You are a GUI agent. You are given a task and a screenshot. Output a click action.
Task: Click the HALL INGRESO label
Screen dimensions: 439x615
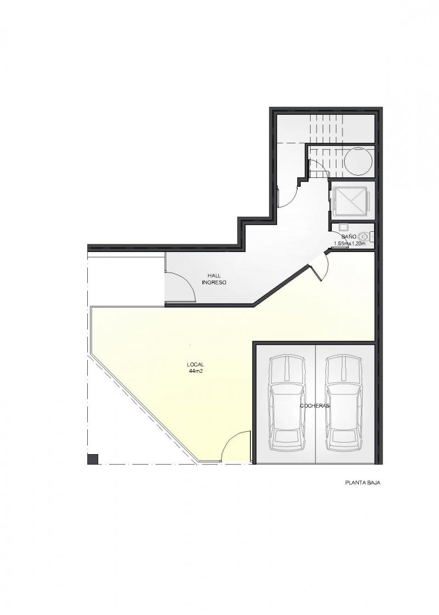tap(214, 279)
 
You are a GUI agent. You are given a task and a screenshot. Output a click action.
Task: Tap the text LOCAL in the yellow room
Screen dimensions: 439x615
tap(195, 365)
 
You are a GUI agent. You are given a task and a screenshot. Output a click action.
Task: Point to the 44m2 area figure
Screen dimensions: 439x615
tap(195, 371)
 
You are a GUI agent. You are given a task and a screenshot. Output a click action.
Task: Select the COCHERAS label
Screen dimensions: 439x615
tap(315, 406)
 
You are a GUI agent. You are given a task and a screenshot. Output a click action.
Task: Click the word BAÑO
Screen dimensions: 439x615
tap(348, 237)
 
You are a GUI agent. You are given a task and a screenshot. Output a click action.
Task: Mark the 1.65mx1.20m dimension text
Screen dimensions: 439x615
tap(349, 243)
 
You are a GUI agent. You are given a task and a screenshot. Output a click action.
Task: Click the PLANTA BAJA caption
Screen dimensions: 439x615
tap(363, 483)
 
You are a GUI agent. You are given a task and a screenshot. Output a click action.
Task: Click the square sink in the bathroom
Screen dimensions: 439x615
tap(344, 227)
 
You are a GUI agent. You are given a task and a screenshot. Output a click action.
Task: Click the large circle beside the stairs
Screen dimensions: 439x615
tap(358, 161)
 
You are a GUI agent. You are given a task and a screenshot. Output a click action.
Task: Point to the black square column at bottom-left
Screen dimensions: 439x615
tap(93, 459)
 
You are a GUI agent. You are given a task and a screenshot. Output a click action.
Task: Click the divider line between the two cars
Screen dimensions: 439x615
tap(316, 404)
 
